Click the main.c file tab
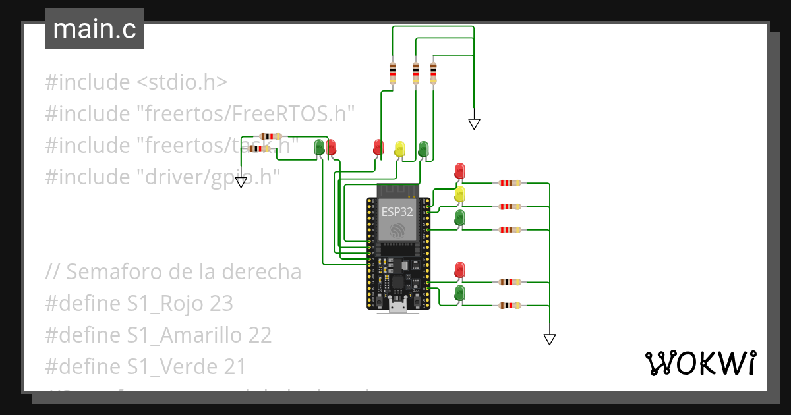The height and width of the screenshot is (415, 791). coord(94,30)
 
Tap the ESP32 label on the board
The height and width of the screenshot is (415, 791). coord(397,212)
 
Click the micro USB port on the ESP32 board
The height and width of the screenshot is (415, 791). coord(397,305)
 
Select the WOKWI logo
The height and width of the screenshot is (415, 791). coord(699,363)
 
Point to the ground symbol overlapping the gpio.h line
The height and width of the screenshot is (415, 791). coord(242,182)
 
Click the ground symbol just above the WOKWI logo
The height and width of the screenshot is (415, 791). coord(550,339)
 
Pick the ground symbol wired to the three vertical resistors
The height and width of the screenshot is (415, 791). coord(474,123)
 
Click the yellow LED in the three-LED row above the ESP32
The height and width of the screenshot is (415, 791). coord(399,148)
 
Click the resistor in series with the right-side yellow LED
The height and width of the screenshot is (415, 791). coord(510,206)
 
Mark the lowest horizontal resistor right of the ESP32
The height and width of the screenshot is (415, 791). coord(510,305)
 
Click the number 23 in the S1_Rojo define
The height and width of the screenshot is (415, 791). coord(221,304)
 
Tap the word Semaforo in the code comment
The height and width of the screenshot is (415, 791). coord(111,272)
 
